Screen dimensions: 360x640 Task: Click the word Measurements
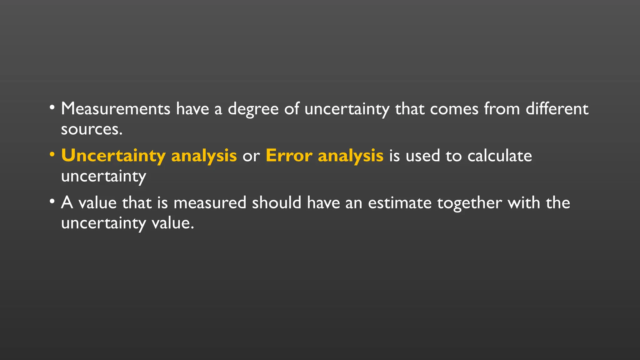tap(115, 109)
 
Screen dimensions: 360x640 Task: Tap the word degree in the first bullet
tap(253, 109)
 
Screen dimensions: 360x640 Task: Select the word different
tap(557, 109)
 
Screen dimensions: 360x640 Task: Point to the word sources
tap(91, 129)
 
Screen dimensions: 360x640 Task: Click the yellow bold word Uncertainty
tap(113, 156)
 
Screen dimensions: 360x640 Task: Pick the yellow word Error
tap(289, 156)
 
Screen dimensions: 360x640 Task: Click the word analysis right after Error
tap(350, 156)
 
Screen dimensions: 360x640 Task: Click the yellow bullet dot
tap(52, 154)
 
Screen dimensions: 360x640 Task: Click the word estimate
tap(400, 203)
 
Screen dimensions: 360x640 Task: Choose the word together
tap(469, 203)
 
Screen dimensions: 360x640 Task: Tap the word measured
tap(210, 203)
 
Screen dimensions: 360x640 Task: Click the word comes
tap(454, 109)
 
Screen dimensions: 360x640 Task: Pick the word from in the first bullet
tap(502, 109)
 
